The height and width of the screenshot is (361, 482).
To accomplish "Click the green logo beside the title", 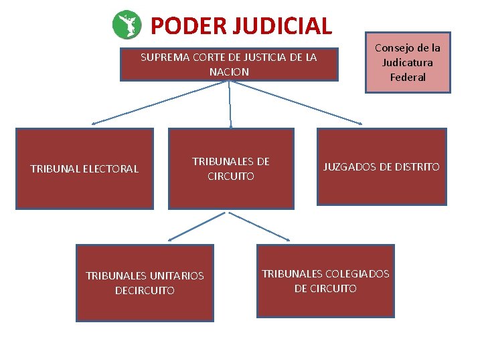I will click(x=127, y=25).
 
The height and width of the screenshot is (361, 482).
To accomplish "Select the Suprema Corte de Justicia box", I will click(x=229, y=65).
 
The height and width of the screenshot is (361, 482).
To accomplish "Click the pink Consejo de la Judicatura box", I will click(x=408, y=62).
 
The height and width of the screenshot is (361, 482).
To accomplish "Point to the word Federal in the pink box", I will click(x=408, y=77).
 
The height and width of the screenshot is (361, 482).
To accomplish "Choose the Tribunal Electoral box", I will click(x=85, y=168).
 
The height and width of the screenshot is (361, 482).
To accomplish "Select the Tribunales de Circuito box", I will click(x=231, y=168).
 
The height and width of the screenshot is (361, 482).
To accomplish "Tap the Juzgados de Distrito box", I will click(x=382, y=166).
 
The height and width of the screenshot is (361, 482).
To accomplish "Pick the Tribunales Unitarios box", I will click(x=145, y=283).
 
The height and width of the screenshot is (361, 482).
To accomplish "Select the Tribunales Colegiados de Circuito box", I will click(x=325, y=281).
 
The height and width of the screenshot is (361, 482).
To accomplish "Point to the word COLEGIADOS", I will click(x=357, y=273).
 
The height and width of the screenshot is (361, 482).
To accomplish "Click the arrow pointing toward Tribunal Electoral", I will click(x=161, y=102).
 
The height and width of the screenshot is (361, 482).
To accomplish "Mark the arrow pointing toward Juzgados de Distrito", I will click(x=295, y=102).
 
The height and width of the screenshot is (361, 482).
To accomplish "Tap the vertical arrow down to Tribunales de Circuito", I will click(x=230, y=104).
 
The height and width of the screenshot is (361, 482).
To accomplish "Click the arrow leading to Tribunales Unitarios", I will click(x=199, y=226).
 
